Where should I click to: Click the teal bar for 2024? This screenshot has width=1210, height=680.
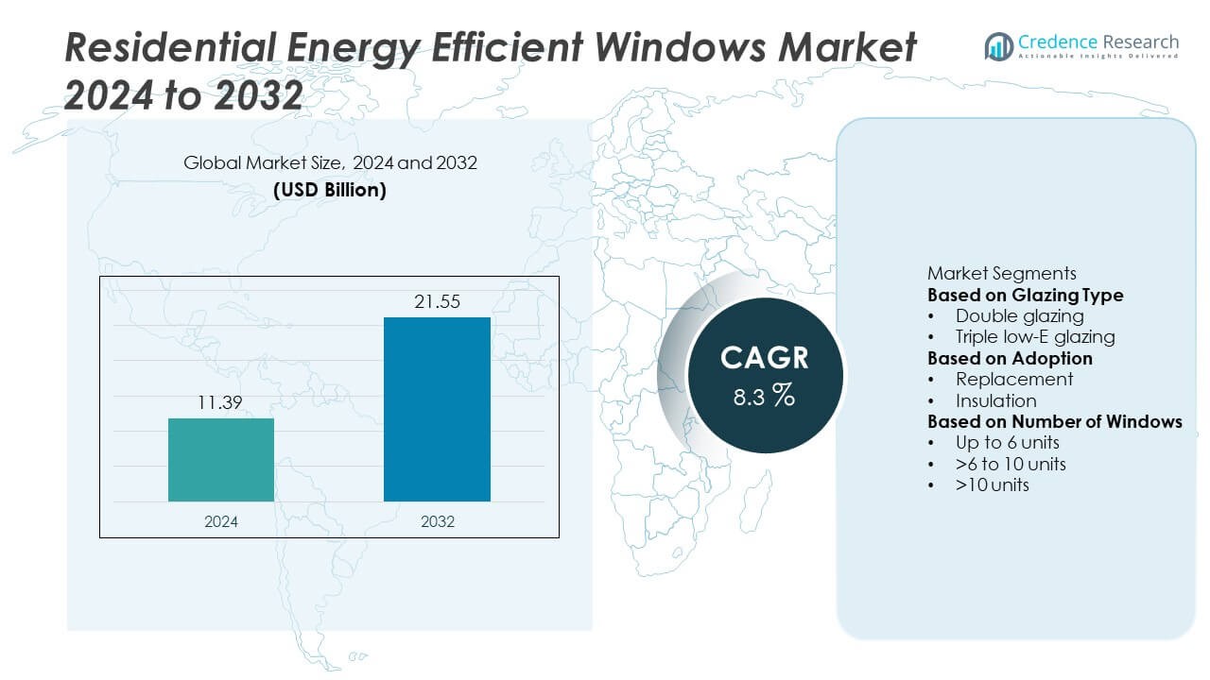(x=221, y=460)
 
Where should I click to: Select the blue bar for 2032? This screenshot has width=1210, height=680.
(x=437, y=409)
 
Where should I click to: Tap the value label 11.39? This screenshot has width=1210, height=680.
(x=221, y=404)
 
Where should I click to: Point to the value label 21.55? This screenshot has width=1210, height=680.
(x=437, y=302)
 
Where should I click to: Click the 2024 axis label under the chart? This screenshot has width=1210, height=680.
(x=221, y=520)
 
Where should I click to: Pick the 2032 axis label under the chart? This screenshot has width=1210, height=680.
(x=437, y=520)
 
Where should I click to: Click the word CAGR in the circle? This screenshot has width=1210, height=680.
(x=764, y=358)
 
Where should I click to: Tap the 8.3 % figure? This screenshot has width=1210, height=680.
(x=764, y=396)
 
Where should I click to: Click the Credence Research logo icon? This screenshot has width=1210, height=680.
(x=998, y=45)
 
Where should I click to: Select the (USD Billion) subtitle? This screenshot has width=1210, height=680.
(x=330, y=189)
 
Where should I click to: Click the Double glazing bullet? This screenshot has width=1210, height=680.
(x=1019, y=315)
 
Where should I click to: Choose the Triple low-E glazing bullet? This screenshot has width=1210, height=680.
(x=1034, y=336)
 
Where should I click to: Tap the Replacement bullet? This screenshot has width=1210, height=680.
(x=1013, y=379)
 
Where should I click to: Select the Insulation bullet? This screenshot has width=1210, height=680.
(x=995, y=400)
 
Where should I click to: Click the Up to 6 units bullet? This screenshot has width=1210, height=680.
(x=1007, y=442)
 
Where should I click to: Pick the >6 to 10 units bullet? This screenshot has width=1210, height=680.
(x=1011, y=464)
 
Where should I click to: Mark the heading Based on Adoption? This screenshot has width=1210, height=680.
(x=1010, y=358)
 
